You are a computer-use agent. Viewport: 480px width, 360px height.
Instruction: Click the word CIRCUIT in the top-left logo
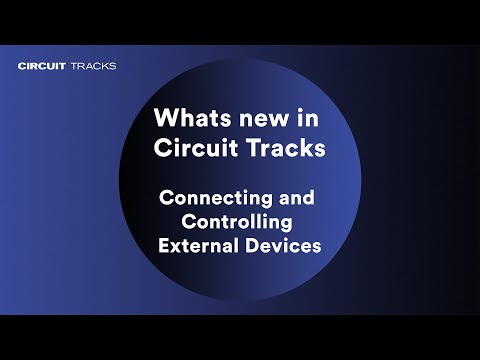pyautogui.click(x=42, y=66)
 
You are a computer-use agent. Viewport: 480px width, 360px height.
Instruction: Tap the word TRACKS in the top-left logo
pyautogui.click(x=94, y=66)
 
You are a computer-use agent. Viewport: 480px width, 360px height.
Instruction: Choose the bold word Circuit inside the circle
pyautogui.click(x=196, y=147)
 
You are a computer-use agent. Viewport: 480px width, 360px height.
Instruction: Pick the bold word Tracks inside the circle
pyautogui.click(x=286, y=147)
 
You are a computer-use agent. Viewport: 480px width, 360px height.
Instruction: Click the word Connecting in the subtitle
pyautogui.click(x=215, y=199)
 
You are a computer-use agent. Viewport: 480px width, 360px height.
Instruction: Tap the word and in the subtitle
pyautogui.click(x=297, y=197)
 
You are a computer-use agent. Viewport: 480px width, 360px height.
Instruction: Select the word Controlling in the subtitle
pyautogui.click(x=237, y=223)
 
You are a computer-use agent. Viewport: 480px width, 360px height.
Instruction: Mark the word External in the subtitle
pyautogui.click(x=199, y=245)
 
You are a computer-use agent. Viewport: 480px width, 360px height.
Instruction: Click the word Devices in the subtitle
pyautogui.click(x=283, y=245)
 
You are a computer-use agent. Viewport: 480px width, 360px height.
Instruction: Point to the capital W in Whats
pyautogui.click(x=167, y=117)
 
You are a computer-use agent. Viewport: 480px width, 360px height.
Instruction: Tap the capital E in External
pyautogui.click(x=164, y=246)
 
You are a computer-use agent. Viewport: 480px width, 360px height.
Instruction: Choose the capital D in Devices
pyautogui.click(x=252, y=246)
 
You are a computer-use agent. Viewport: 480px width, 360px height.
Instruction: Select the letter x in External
pyautogui.click(x=178, y=248)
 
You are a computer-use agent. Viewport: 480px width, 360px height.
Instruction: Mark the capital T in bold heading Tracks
pyautogui.click(x=254, y=147)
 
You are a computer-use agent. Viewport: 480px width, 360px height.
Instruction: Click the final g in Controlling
pyautogui.click(x=287, y=225)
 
